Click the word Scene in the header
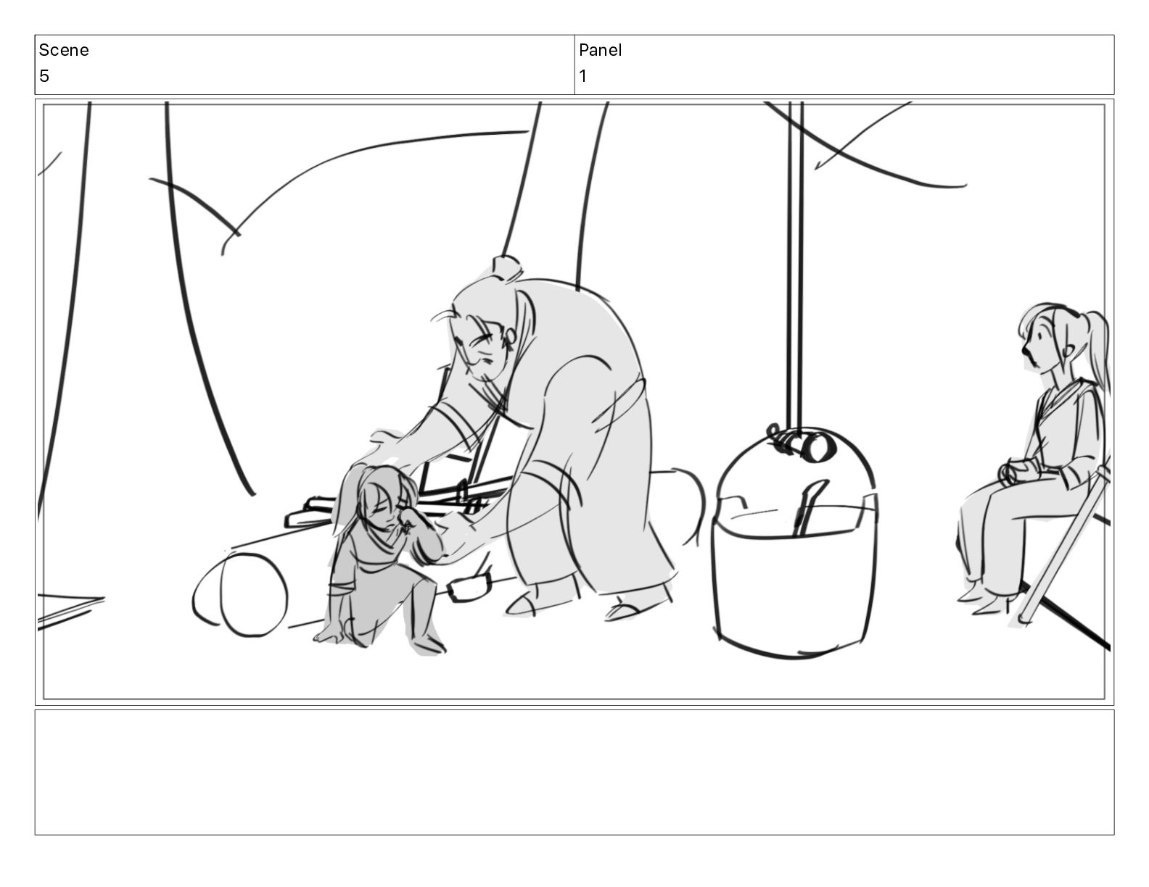click(x=63, y=50)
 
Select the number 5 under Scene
click(x=44, y=76)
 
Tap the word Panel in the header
click(x=600, y=50)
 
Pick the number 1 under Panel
click(x=582, y=76)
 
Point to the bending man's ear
click(x=510, y=336)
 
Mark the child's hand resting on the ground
click(x=328, y=636)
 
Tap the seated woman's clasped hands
click(x=1013, y=471)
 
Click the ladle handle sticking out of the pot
click(x=809, y=508)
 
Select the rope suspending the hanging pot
click(x=796, y=265)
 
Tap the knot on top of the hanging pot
click(x=801, y=443)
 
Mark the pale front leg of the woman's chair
click(x=1063, y=547)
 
